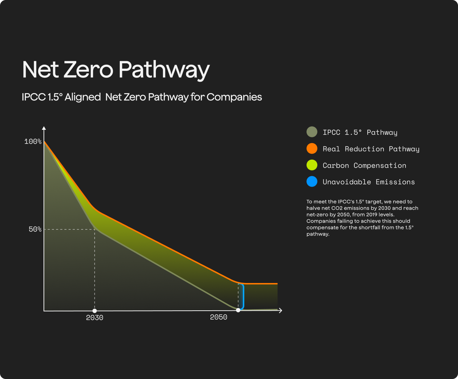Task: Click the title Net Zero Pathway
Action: [x=116, y=69]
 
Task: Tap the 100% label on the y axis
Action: [x=33, y=142]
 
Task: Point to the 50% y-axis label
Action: [x=35, y=229]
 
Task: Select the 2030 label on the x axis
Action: [x=95, y=318]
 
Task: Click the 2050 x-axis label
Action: [x=218, y=317]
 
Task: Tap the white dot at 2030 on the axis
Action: [x=95, y=311]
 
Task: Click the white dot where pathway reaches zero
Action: [x=238, y=310]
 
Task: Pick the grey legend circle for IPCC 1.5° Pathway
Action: [x=312, y=132]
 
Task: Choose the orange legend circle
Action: [x=312, y=149]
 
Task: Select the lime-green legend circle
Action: [x=312, y=165]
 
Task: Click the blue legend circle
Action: [x=312, y=182]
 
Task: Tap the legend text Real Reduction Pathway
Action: [x=371, y=149]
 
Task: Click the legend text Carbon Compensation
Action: [x=364, y=165]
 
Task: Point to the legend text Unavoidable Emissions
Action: [x=368, y=182]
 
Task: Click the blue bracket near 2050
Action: [x=243, y=297]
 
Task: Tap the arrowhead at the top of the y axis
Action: [x=44, y=128]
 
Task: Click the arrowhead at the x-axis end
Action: [x=280, y=310]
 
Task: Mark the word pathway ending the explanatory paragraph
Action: [x=318, y=234]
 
